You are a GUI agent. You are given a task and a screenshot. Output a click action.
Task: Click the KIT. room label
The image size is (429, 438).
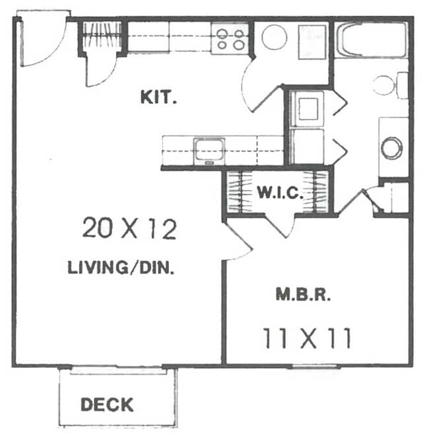tap(158, 98)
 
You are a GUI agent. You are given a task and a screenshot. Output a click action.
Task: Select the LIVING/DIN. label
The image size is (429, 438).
tap(121, 268)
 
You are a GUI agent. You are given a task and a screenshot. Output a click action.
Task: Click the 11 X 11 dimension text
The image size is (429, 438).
tap(306, 340)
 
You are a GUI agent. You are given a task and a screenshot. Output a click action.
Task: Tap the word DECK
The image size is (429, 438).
tap(107, 404)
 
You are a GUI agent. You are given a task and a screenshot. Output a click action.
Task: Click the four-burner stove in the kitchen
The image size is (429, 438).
tap(230, 38)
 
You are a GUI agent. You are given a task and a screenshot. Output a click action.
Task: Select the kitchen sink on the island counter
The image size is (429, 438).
tap(209, 151)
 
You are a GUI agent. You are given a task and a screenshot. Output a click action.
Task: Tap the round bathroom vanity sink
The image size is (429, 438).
tap(391, 147)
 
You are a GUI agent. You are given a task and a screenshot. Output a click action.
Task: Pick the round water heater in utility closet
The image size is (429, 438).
tap(274, 37)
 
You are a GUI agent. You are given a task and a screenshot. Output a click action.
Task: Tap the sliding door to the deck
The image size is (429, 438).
tap(119, 369)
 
